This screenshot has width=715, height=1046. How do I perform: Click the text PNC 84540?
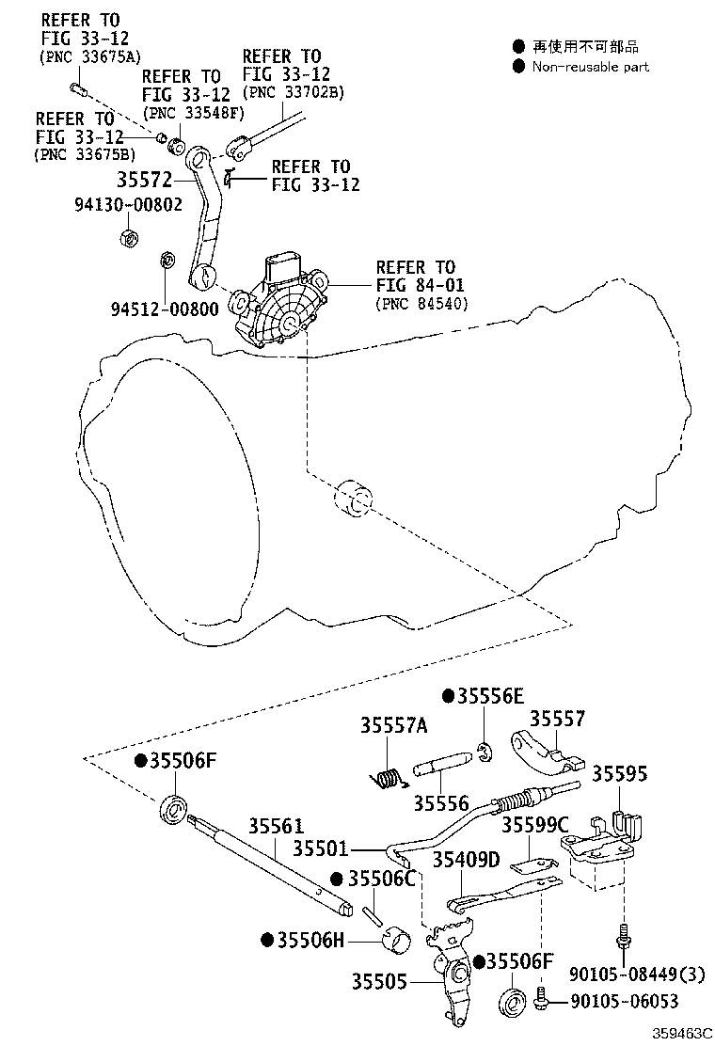coord(421,303)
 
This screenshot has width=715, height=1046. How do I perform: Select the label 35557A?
coord(393,724)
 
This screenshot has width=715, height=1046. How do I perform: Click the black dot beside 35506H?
coord(267,940)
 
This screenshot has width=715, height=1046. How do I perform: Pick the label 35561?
coord(276,826)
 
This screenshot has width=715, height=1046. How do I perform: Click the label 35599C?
coord(534,825)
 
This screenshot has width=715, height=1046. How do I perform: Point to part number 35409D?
coord(466,860)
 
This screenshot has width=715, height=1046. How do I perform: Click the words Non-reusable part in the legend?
coord(590,67)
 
